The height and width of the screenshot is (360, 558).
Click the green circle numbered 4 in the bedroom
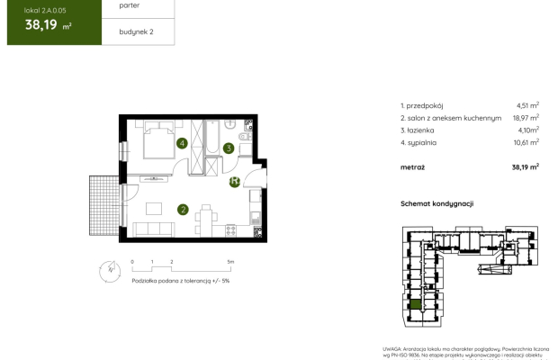(x=182, y=143)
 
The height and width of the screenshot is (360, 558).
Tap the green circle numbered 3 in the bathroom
(x=229, y=148)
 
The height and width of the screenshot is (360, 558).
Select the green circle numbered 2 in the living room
(x=183, y=210)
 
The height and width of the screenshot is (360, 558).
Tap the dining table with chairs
(x=207, y=219)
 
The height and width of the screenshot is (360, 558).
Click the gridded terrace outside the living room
(x=103, y=204)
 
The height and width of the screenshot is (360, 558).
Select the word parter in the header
(x=117, y=5)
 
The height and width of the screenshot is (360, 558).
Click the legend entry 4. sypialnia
(x=426, y=141)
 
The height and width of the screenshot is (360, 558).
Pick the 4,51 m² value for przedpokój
(x=526, y=104)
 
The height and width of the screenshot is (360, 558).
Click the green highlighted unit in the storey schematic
(x=414, y=306)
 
